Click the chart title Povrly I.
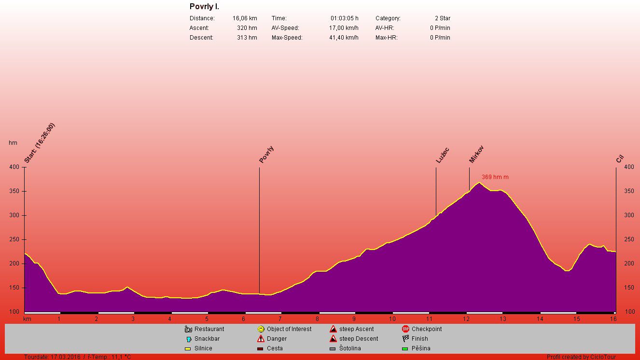[x=204, y=7]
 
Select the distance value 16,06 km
[x=245, y=18]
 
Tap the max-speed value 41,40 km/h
[x=344, y=38]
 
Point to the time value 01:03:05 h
[x=344, y=18]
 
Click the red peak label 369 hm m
[x=495, y=177]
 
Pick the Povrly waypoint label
[x=266, y=154]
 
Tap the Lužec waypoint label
[x=443, y=154]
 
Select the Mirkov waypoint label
[x=476, y=154]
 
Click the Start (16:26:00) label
[x=40, y=143]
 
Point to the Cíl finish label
[x=620, y=159]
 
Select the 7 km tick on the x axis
[x=280, y=319]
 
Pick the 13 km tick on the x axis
[x=502, y=319]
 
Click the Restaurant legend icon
[x=188, y=329]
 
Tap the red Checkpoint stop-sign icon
[x=405, y=329]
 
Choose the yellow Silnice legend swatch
[x=188, y=348]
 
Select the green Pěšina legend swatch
[x=405, y=348]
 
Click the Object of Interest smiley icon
[x=261, y=329]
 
